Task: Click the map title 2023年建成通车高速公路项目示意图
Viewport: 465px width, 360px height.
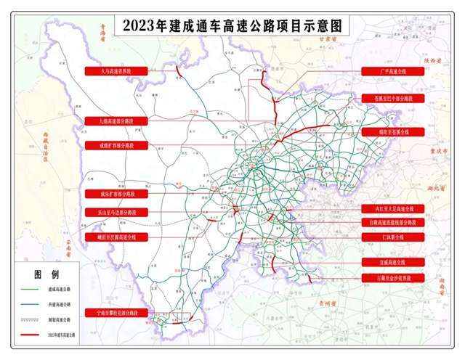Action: [232, 25]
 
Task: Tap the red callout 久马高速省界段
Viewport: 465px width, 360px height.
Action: [116, 71]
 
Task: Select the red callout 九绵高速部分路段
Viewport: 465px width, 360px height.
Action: [116, 120]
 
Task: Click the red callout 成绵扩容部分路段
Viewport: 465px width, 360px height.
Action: [116, 145]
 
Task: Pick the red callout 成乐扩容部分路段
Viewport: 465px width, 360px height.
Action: [116, 195]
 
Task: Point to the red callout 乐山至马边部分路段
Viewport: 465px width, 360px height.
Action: [116, 213]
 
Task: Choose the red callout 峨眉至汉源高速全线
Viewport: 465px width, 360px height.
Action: [116, 237]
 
